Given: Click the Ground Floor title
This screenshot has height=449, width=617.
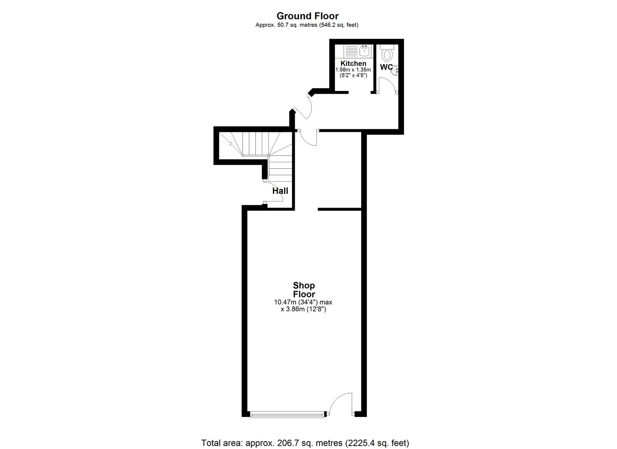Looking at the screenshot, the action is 308,16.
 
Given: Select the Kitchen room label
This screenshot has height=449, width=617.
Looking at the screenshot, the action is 353,64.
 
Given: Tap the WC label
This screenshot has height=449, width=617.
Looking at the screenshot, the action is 386,67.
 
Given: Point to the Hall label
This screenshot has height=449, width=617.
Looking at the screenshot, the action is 280,191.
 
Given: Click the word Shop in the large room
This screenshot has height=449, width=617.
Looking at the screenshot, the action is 304,285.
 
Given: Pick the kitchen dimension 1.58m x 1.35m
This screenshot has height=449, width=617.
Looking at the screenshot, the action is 353,70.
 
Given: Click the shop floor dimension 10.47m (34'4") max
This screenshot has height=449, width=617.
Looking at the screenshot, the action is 303,302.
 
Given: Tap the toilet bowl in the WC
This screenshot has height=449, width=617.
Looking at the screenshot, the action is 387,54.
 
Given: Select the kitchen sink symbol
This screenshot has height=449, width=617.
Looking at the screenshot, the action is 364,51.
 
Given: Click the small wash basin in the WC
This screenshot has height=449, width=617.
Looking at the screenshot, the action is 395,70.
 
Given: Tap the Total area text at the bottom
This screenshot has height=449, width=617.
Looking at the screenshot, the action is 305,435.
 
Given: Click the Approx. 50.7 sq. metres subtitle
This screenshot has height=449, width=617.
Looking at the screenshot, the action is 307,25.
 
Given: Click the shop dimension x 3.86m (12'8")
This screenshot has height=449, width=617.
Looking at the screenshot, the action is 303,309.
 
